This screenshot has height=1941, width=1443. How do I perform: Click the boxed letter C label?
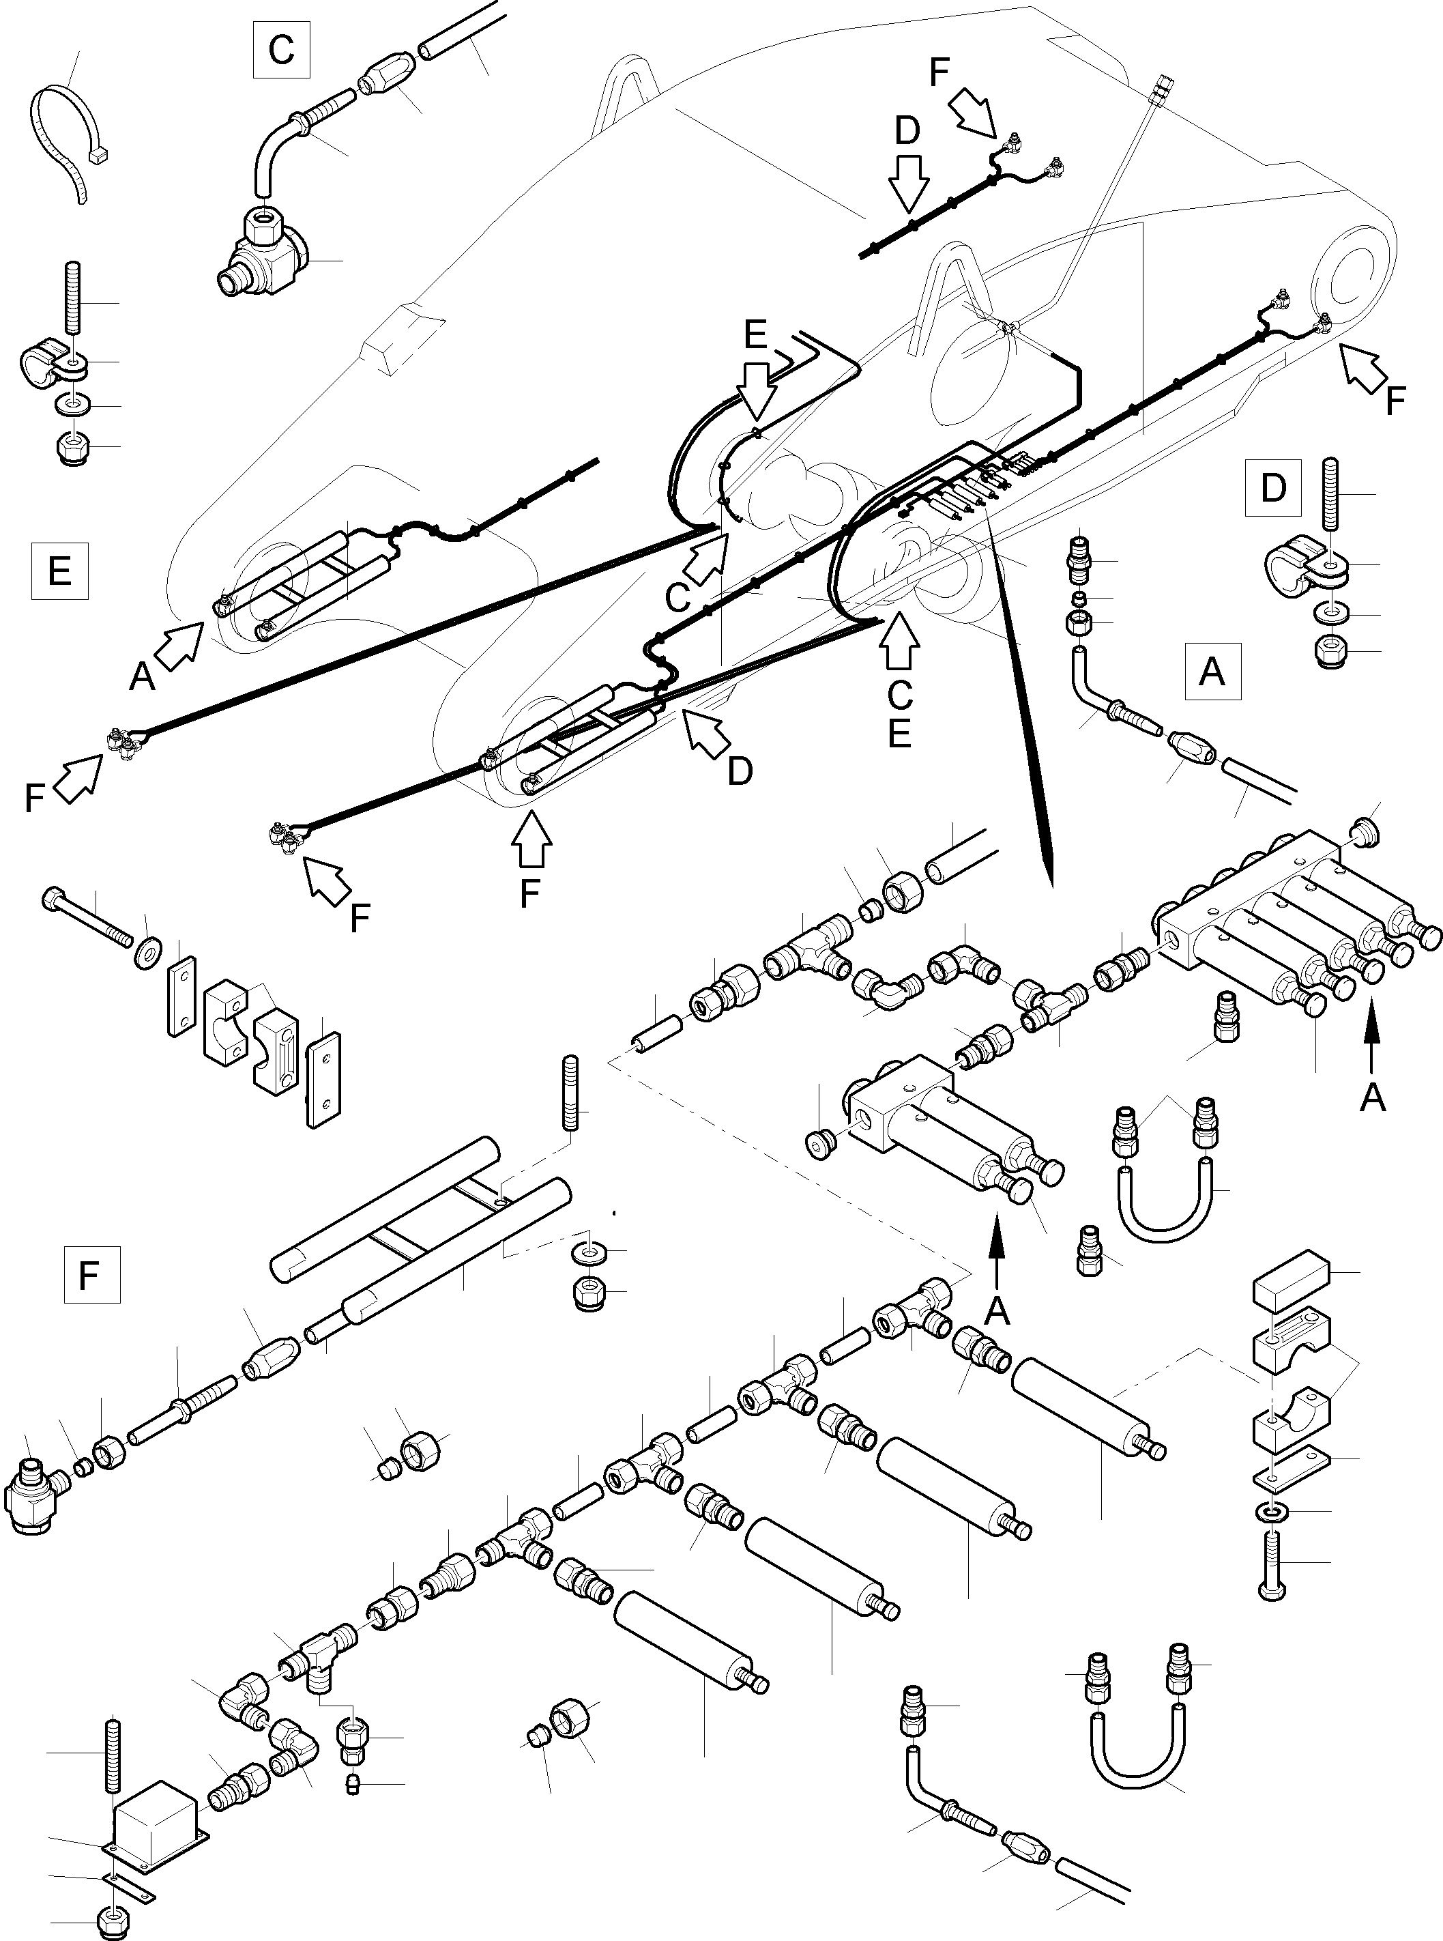[x=281, y=50]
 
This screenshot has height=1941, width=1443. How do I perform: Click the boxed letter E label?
[x=59, y=571]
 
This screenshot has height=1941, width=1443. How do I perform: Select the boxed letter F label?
[x=91, y=1276]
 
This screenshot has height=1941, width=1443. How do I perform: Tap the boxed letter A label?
[x=1212, y=672]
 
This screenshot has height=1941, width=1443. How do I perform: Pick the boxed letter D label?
[x=1272, y=487]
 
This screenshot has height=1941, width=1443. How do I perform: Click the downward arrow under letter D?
[x=908, y=184]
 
